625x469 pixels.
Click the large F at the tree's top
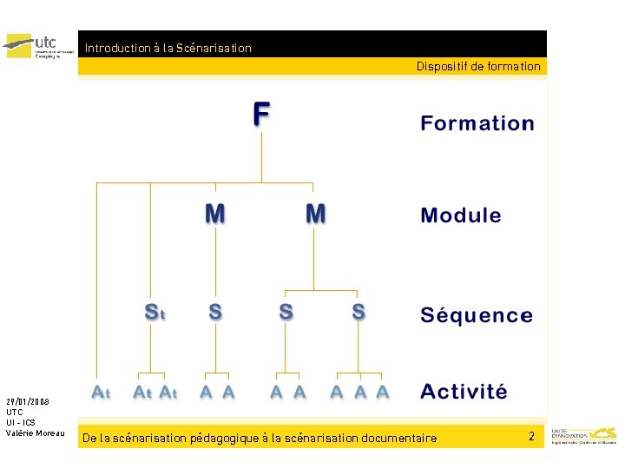(x=261, y=115)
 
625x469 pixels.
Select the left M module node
(x=214, y=213)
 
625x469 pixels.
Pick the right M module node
(x=316, y=213)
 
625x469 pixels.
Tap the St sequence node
(x=154, y=312)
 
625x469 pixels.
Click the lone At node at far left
(x=102, y=393)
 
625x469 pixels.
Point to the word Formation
(x=477, y=123)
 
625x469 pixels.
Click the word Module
(x=460, y=215)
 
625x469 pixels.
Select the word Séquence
(x=477, y=315)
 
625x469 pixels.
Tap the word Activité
(x=464, y=391)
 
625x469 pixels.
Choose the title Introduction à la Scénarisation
(x=168, y=49)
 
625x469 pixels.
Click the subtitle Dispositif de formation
(x=477, y=67)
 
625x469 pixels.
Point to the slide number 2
(x=531, y=436)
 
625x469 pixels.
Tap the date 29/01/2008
(x=27, y=402)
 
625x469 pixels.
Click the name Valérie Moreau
(x=35, y=433)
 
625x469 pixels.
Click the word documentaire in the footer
(x=398, y=439)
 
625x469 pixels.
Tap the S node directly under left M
(x=214, y=312)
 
